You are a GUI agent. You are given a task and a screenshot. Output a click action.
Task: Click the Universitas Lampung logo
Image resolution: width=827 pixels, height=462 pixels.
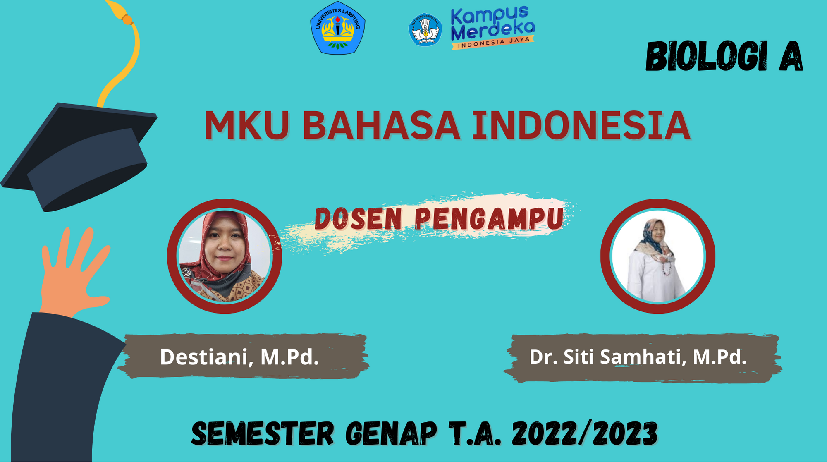338,28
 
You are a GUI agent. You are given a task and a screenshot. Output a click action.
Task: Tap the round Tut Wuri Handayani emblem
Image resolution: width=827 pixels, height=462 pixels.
425,29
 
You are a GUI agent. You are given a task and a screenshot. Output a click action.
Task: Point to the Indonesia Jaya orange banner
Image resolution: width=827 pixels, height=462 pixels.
493,42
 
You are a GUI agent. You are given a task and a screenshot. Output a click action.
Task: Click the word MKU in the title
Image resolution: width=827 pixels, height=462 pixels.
246,125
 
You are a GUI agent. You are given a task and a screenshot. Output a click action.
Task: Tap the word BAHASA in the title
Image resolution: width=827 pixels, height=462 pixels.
381,125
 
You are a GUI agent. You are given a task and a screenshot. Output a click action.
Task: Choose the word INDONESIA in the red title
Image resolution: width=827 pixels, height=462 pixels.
581,125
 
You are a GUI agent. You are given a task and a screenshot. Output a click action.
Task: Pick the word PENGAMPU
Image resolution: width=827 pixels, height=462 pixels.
489,218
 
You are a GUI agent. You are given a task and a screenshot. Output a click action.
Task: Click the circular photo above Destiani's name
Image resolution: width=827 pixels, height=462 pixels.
225,256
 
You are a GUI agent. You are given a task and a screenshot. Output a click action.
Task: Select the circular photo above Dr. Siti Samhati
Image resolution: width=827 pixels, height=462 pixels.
658,256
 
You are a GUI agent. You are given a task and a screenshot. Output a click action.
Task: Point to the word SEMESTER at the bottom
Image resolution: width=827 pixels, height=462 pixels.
263,434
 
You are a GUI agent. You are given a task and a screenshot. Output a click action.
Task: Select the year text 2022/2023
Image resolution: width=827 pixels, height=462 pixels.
585,434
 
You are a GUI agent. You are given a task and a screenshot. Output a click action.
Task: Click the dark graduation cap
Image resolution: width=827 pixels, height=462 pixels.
79,157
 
